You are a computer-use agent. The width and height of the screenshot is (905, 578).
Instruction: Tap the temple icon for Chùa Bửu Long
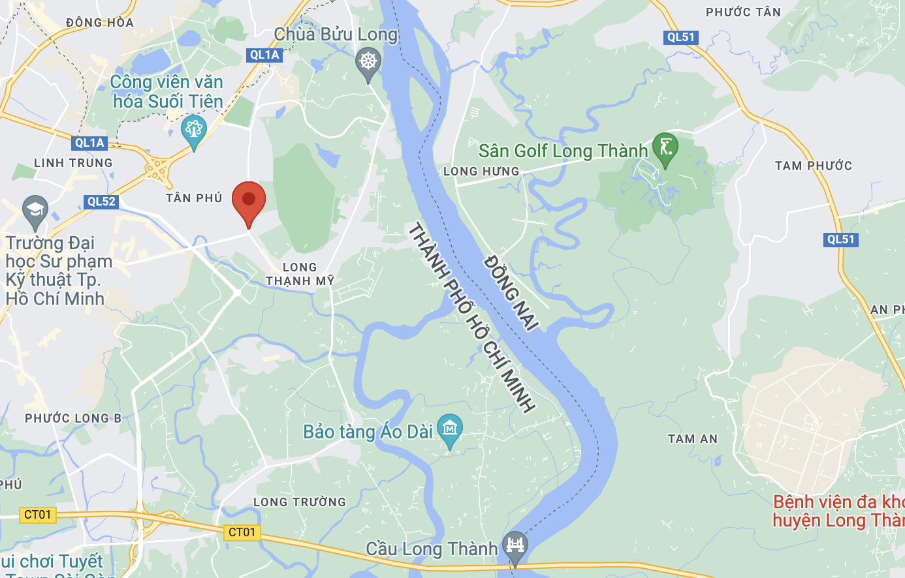[368, 63]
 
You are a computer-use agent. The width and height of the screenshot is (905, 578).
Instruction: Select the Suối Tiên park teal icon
[194, 129]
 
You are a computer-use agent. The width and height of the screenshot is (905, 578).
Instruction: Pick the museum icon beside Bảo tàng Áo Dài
[450, 428]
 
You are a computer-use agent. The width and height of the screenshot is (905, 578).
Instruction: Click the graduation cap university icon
[35, 209]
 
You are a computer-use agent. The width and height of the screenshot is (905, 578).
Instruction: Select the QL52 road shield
[102, 202]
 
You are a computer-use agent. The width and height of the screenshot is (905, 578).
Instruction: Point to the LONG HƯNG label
[481, 172]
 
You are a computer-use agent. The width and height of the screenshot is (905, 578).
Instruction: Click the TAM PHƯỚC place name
[813, 166]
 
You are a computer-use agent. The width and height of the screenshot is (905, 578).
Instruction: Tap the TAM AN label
[693, 439]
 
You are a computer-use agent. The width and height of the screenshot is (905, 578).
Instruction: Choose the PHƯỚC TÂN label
[743, 12]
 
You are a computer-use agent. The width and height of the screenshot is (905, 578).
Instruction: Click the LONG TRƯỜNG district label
[300, 502]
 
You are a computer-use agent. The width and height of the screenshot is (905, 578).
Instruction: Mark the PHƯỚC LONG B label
[73, 418]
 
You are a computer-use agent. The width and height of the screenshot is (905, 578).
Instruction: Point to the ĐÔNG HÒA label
[100, 23]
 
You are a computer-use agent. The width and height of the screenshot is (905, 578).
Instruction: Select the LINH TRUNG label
[73, 163]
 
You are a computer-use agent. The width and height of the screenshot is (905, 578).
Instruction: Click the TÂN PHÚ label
[194, 198]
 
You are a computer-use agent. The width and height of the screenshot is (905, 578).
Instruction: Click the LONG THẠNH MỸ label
[300, 274]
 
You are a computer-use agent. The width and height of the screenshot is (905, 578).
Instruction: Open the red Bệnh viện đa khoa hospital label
[838, 511]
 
